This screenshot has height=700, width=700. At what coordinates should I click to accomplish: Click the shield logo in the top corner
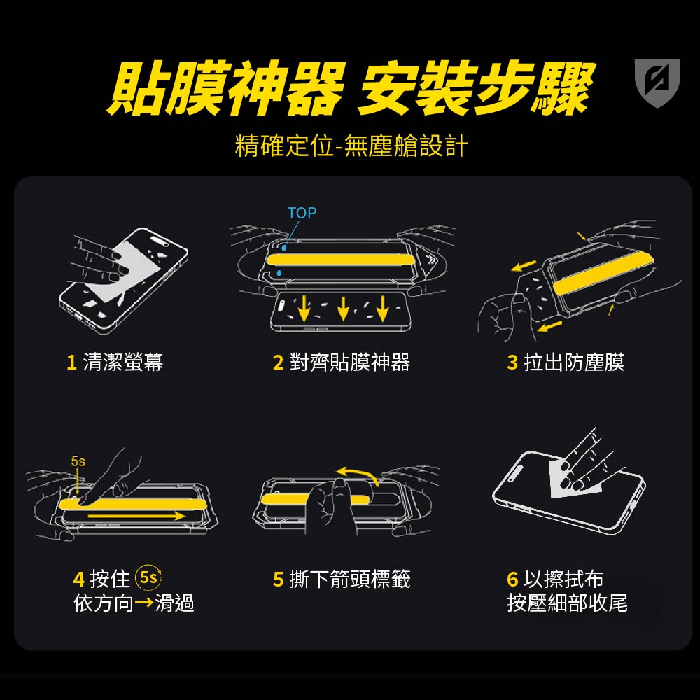(x=657, y=83)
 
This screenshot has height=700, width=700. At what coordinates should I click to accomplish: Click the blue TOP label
(x=302, y=213)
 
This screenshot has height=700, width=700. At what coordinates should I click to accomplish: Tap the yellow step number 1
(x=71, y=362)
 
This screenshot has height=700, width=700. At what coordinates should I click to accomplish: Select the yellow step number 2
(x=278, y=363)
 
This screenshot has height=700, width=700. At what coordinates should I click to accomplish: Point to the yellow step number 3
(x=512, y=363)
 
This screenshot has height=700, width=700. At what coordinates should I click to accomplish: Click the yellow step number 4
(x=78, y=580)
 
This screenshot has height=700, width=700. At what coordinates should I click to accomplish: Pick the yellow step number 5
(x=278, y=580)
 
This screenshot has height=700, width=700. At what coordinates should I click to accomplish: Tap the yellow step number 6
(x=512, y=580)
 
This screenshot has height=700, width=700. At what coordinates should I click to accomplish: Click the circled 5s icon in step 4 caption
(x=148, y=577)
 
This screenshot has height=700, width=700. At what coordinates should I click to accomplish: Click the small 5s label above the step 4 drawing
(x=78, y=461)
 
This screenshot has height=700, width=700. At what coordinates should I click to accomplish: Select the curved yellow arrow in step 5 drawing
(x=357, y=474)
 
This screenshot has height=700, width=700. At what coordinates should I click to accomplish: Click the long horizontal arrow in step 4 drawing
(x=136, y=516)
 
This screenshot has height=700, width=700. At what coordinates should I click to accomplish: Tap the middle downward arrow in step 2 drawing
(x=343, y=308)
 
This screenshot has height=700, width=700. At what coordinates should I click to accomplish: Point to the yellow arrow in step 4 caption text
(x=144, y=603)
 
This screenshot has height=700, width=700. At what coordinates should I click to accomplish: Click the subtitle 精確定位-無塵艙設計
(x=351, y=146)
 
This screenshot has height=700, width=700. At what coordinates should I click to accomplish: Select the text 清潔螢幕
(x=123, y=362)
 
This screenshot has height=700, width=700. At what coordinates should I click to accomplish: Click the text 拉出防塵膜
(x=574, y=362)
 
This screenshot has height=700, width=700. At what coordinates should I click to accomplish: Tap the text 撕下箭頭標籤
(x=350, y=580)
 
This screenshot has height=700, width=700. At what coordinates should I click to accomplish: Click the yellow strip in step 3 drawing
(x=603, y=272)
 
